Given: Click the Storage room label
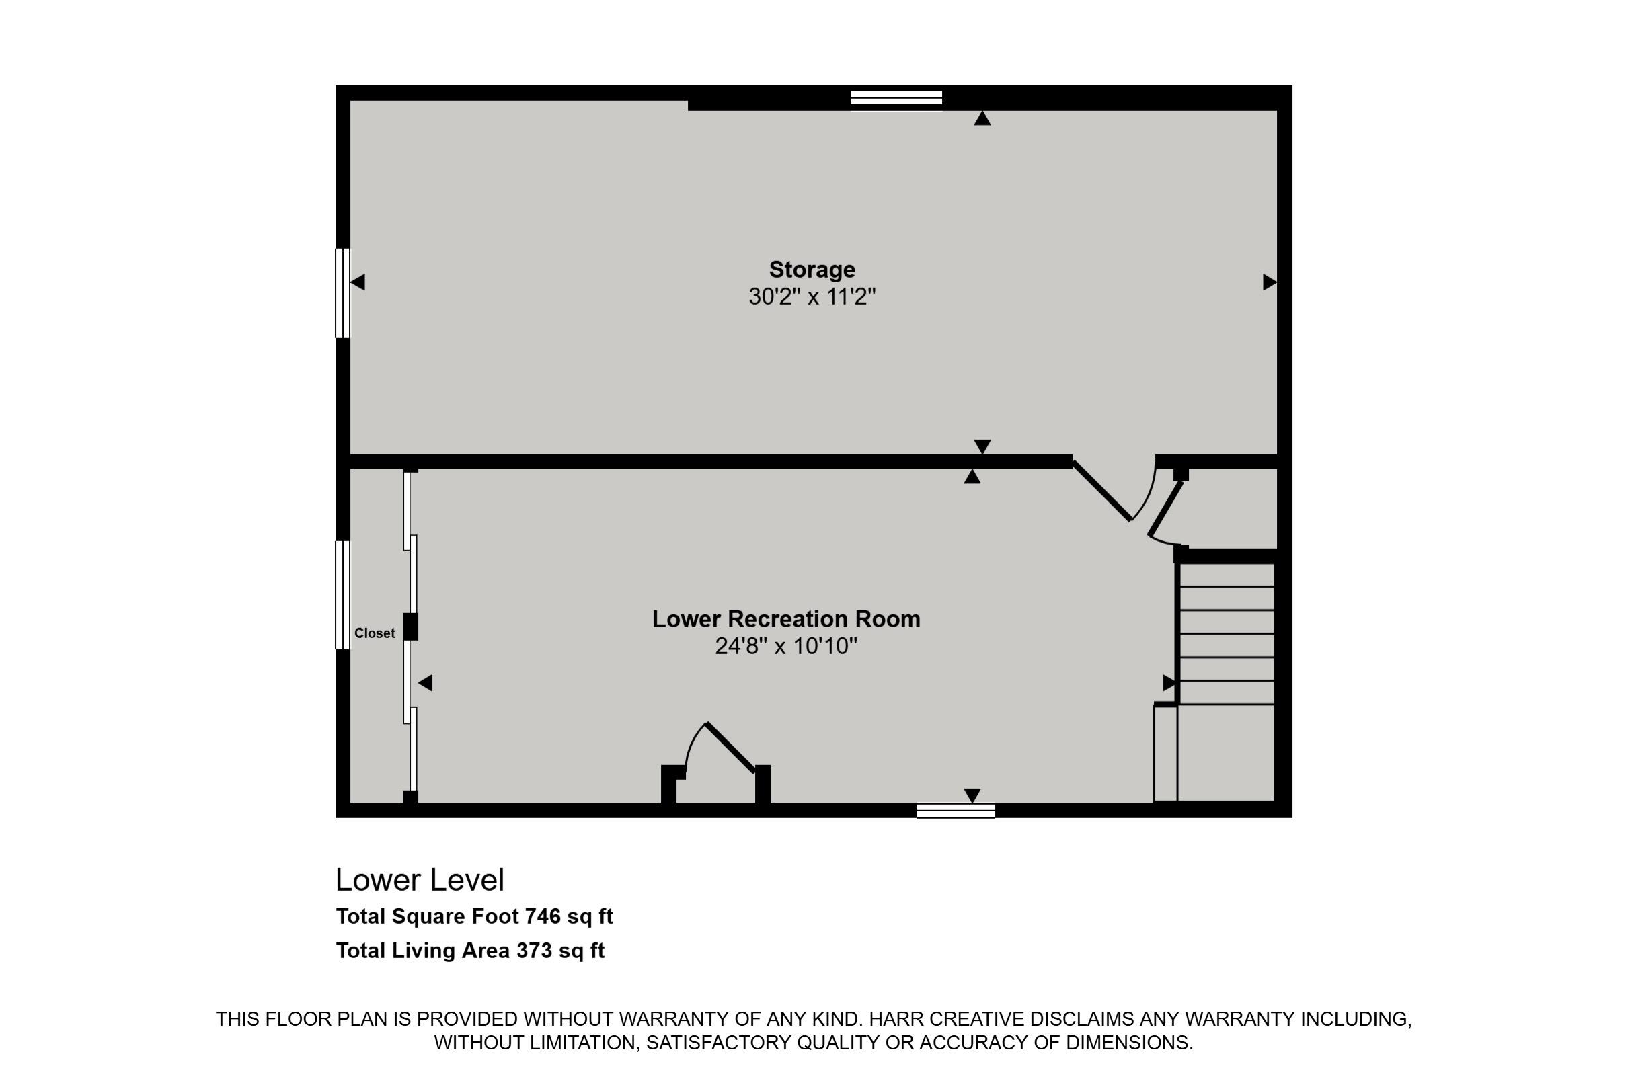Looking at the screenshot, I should click(x=812, y=269).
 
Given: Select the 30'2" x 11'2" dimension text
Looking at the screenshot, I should click(x=812, y=297).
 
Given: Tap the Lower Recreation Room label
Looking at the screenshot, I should click(x=786, y=618).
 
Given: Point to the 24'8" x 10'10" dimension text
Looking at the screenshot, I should click(x=786, y=646).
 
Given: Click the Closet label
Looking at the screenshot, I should click(x=375, y=633).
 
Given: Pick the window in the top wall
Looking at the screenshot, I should click(x=896, y=98).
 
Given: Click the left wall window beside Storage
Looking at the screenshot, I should click(x=343, y=293).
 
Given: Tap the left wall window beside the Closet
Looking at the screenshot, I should click(x=343, y=595).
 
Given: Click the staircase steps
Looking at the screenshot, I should click(x=1227, y=633).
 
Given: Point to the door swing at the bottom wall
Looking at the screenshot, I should click(x=720, y=751).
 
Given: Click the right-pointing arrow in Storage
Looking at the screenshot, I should click(x=1270, y=282).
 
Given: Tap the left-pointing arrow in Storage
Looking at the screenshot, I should click(x=358, y=282).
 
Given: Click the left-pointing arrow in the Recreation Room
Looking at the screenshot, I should click(x=426, y=683).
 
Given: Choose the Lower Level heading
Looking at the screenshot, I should click(x=420, y=880).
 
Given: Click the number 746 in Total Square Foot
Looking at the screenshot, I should click(x=543, y=916).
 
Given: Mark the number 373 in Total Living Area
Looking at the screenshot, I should click(x=535, y=951).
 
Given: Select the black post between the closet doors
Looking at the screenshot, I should click(x=410, y=627).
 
